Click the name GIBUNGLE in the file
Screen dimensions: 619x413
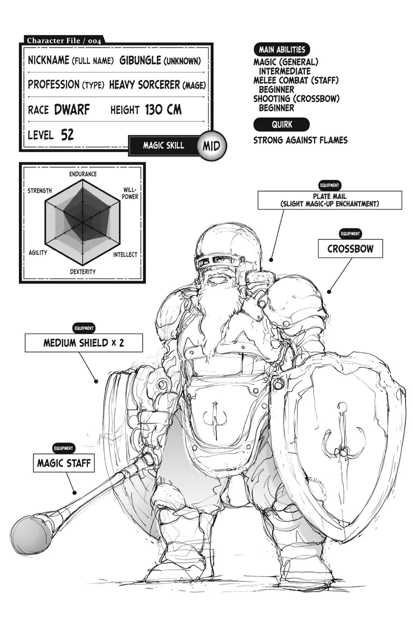tap(140, 61)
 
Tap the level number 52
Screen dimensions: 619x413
tap(67, 135)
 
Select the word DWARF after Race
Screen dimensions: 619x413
tap(72, 110)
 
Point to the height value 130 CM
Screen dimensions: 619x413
tap(163, 110)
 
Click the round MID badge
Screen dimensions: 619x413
tap(212, 146)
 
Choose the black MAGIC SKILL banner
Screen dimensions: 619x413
tap(163, 146)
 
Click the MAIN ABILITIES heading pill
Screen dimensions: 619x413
tap(282, 50)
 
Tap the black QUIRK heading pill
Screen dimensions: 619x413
tap(281, 124)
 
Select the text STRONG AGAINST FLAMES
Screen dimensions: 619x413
tap(301, 140)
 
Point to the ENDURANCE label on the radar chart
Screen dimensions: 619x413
tap(83, 174)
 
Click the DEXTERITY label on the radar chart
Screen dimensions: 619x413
tap(83, 271)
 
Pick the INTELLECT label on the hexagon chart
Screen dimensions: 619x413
tap(125, 254)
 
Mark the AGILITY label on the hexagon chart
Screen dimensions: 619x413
tap(38, 253)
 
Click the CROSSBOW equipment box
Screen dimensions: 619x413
tap(350, 249)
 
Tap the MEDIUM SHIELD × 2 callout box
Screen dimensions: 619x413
tap(84, 343)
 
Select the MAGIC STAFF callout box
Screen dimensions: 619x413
tap(64, 463)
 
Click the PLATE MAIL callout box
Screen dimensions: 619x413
tap(329, 200)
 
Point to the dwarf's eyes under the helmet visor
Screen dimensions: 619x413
tap(218, 261)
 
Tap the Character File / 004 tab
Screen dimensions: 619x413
tap(63, 40)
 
